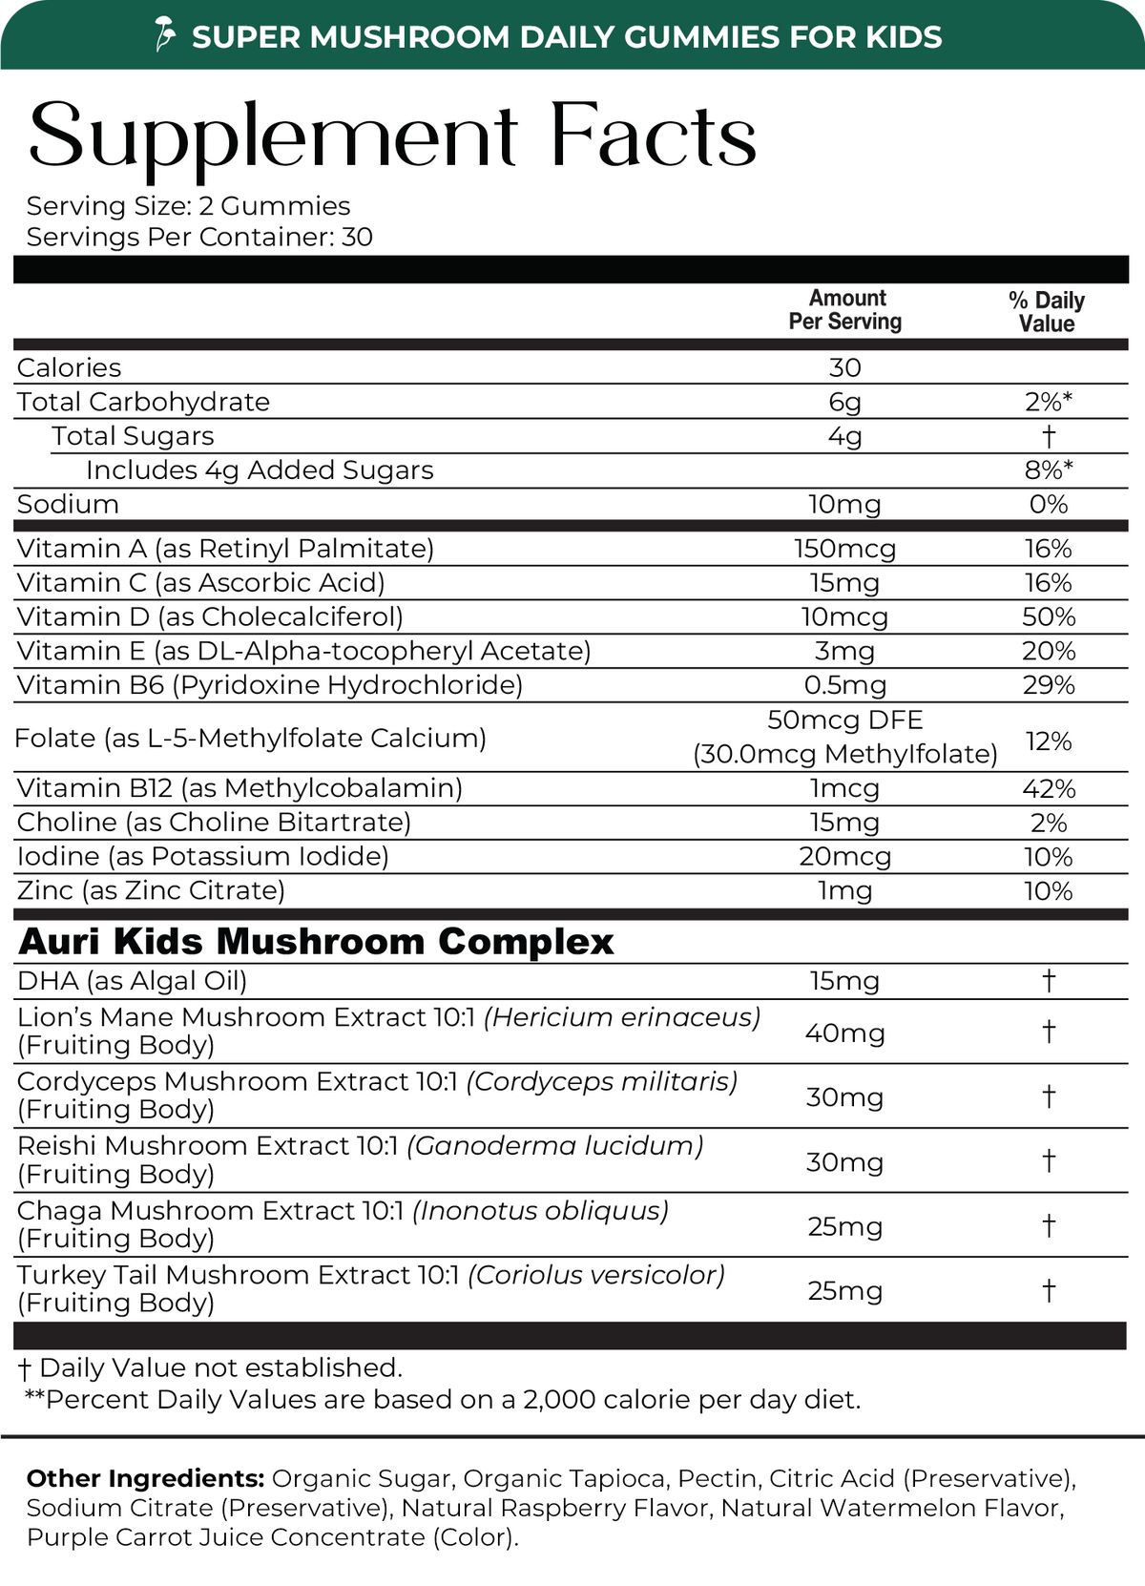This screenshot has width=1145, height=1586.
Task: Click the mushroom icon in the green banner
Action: pos(167,35)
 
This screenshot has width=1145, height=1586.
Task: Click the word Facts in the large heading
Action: pos(653,136)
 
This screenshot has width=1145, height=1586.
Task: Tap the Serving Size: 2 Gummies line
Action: pos(188,206)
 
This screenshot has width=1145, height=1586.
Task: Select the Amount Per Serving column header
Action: pos(845,310)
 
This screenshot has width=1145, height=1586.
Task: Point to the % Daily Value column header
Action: pos(1047,312)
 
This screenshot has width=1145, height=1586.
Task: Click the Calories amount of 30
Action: pos(845,367)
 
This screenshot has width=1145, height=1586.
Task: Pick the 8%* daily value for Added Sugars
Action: pos(1049,470)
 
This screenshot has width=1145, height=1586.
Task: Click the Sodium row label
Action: pos(68,505)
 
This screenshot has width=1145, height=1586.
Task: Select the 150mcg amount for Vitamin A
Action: pos(845,549)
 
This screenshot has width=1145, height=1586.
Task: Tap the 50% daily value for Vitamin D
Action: pos(1049,617)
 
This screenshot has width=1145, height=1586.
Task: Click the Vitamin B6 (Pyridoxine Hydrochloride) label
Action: pos(270,685)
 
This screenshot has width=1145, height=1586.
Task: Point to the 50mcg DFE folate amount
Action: pos(845,720)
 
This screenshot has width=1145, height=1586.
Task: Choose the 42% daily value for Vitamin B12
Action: pos(1049,789)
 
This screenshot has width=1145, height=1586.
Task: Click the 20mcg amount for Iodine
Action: pos(845,857)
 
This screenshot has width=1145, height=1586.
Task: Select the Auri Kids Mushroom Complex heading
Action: pos(316,942)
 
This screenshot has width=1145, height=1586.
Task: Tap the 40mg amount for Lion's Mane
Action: pos(845,1033)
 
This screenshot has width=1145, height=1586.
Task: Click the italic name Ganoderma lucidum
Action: pos(555,1146)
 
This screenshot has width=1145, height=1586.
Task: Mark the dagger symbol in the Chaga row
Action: pos(1049,1224)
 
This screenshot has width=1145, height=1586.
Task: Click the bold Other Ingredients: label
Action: pos(145,1479)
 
